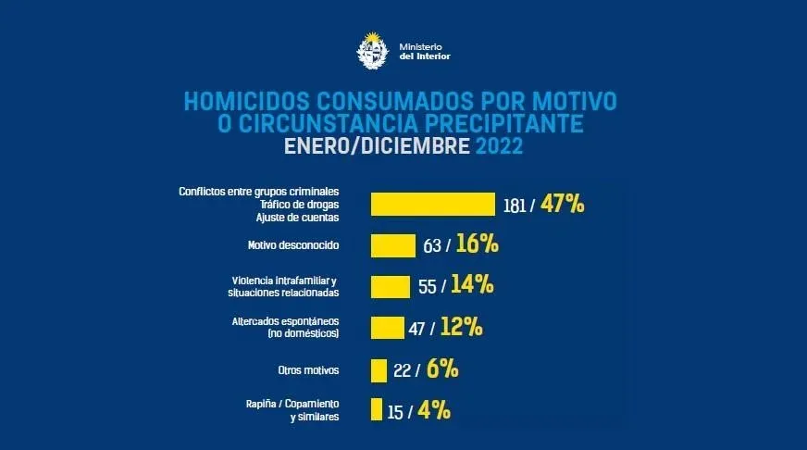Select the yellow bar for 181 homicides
432,204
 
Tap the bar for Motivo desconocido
392,245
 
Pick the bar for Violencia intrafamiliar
390,286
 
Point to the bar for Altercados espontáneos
387,327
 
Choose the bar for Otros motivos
379,369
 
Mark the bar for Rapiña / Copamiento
376,409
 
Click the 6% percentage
443,369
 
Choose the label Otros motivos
308,369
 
